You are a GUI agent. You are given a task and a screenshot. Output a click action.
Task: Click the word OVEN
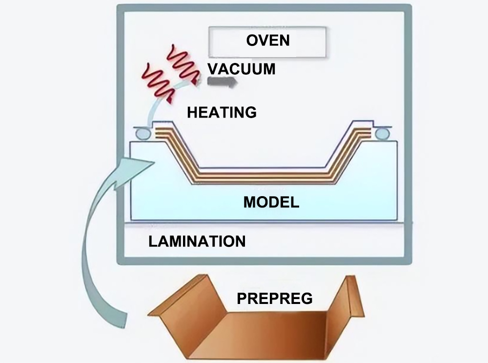(267, 40)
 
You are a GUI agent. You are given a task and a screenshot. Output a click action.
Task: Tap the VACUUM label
(241, 69)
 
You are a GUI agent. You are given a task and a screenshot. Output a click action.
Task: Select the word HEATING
(222, 112)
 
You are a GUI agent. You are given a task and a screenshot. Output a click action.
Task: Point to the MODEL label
(271, 202)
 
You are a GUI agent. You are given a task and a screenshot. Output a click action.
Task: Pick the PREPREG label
(274, 298)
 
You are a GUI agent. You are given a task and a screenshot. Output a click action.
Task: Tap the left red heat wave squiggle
(157, 79)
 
